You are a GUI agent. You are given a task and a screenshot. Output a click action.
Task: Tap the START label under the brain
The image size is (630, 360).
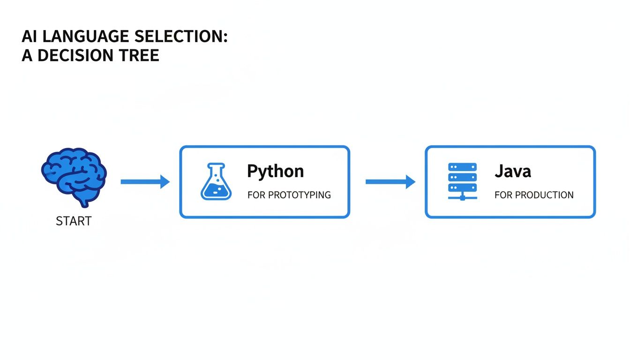[74, 221]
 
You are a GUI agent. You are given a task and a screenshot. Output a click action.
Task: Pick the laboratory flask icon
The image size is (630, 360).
[216, 182]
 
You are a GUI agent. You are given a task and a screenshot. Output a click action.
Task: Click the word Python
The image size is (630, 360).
[275, 171]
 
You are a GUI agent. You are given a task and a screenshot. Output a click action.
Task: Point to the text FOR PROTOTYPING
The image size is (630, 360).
[289, 195]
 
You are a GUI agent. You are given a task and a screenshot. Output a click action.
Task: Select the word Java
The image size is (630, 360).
[513, 171]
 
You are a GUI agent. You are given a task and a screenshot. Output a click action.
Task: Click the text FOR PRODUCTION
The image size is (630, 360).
[534, 195]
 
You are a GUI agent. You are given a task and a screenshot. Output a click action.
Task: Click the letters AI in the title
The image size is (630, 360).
[29, 37]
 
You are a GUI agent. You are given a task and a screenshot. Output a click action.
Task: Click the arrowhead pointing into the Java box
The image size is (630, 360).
[410, 181]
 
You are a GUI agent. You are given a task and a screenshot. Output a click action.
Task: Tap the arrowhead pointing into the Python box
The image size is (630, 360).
[165, 181]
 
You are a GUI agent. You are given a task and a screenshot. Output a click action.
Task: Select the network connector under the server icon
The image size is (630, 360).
[462, 197]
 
